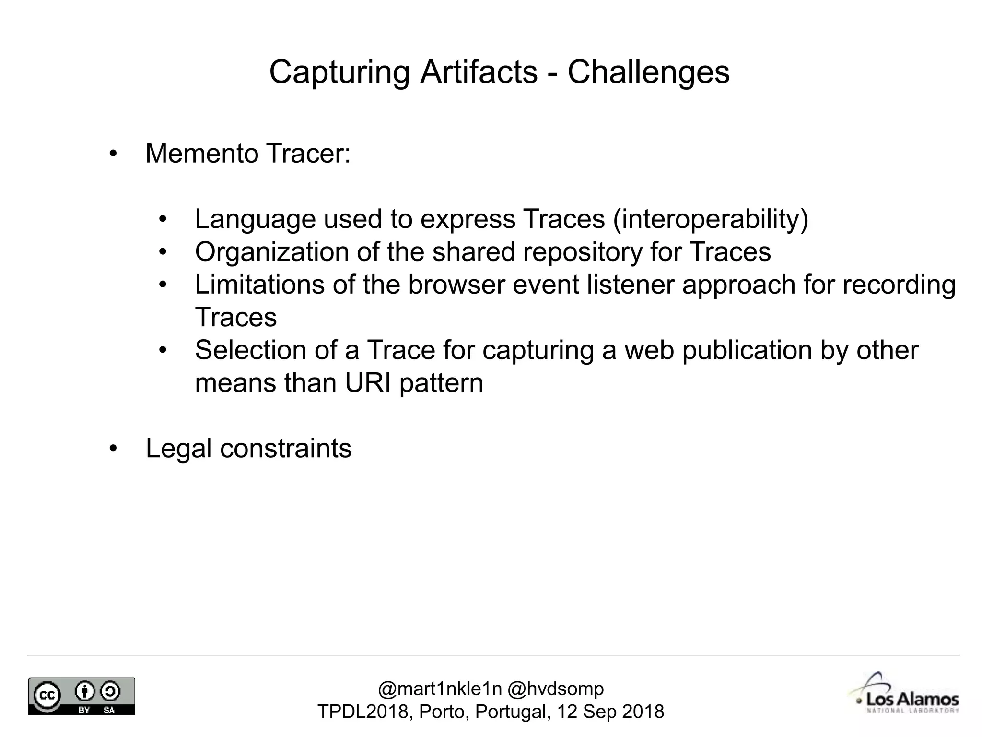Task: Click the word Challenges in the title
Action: click(648, 72)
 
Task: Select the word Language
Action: click(255, 220)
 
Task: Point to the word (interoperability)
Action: click(711, 220)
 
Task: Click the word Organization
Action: click(272, 252)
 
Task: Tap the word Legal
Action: click(178, 449)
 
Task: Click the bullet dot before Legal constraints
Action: click(113, 449)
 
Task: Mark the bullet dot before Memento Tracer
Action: click(113, 154)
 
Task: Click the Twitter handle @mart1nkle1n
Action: click(440, 689)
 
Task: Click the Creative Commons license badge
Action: click(82, 696)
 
